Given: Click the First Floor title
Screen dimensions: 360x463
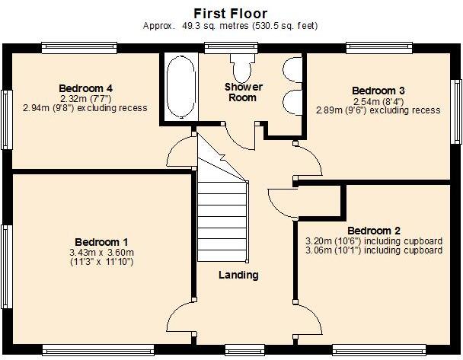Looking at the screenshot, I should click(230, 12).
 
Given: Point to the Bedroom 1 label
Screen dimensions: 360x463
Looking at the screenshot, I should click(89, 241).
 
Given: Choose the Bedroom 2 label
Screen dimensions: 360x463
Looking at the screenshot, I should click(374, 231).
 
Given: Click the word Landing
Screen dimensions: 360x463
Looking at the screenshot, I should click(238, 275).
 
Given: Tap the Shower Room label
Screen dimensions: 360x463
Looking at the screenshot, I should click(240, 92).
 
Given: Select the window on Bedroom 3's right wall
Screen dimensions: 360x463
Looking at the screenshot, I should click(458, 111).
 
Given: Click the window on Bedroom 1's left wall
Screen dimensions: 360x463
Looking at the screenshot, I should click(7, 266).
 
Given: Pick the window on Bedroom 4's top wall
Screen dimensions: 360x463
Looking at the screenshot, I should click(79, 47).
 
